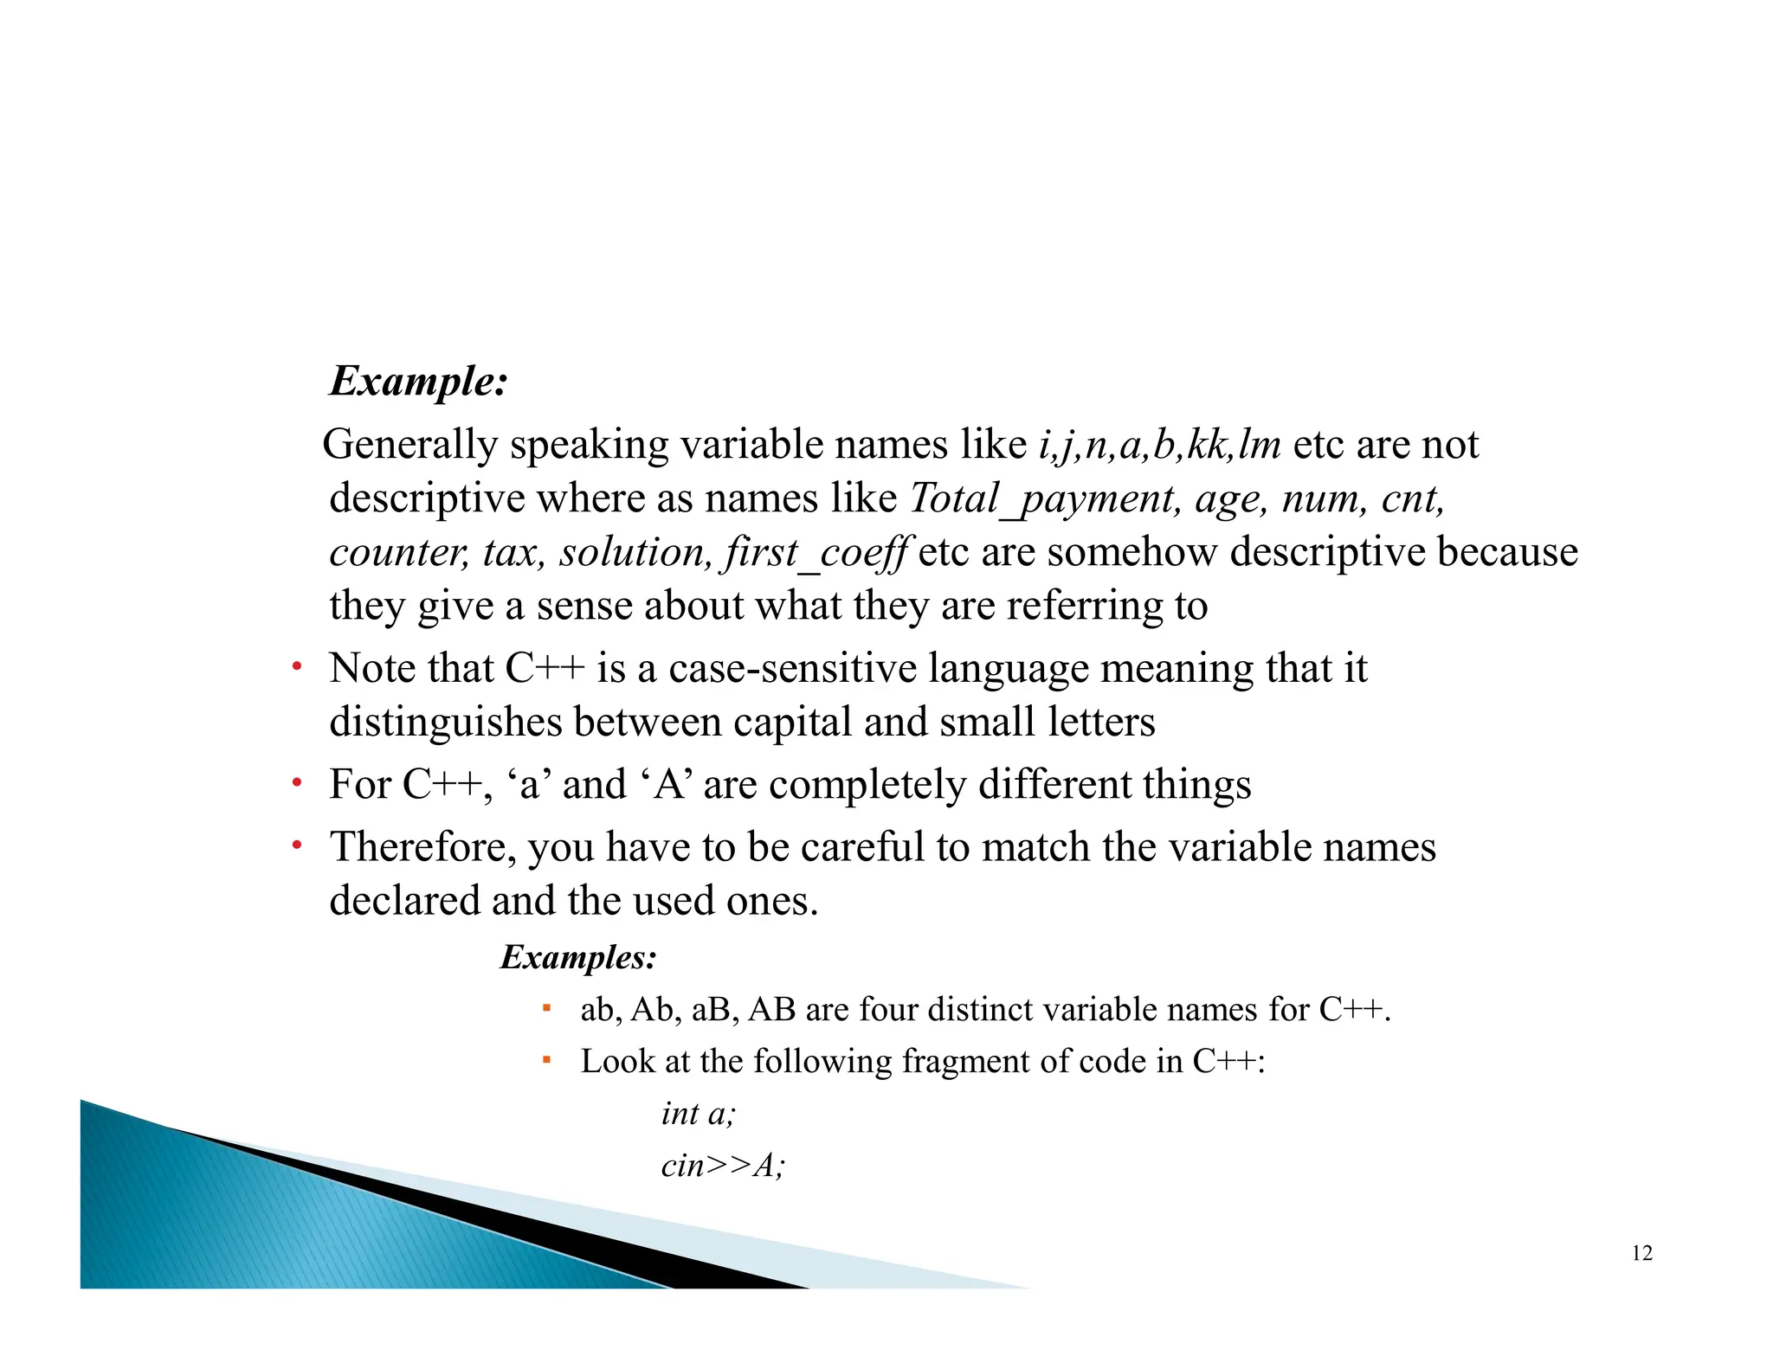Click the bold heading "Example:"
click(x=418, y=382)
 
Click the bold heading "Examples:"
click(x=578, y=957)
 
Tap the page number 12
click(x=1641, y=1253)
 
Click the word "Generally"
click(x=410, y=446)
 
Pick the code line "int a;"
click(x=698, y=1114)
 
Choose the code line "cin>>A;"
click(x=723, y=1166)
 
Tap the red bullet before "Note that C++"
click(x=296, y=667)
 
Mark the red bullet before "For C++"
click(x=296, y=783)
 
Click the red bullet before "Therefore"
click(x=296, y=845)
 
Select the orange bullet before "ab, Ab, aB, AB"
click(x=546, y=1008)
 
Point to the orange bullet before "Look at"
click(x=546, y=1060)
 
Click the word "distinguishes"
click(x=446, y=723)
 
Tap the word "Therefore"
click(x=422, y=847)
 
